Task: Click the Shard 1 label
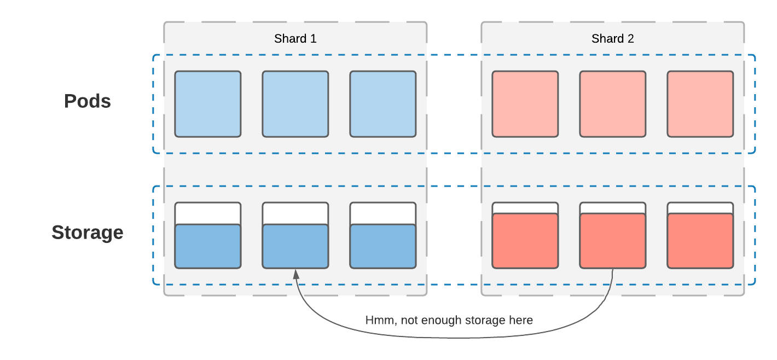pyautogui.click(x=295, y=39)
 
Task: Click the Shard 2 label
pyautogui.click(x=612, y=39)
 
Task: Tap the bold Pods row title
pyautogui.click(x=88, y=101)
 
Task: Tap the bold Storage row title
pyautogui.click(x=88, y=233)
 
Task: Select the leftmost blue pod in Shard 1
pyautogui.click(x=208, y=104)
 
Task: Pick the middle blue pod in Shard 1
pyautogui.click(x=295, y=104)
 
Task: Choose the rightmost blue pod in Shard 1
pyautogui.click(x=383, y=104)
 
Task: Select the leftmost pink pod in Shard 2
pyautogui.click(x=525, y=104)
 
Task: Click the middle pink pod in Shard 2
pyautogui.click(x=613, y=104)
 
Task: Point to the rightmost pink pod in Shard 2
pyautogui.click(x=700, y=104)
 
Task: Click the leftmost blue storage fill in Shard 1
pyautogui.click(x=208, y=246)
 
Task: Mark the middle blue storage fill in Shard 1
pyautogui.click(x=295, y=246)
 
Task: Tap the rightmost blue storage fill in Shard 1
pyautogui.click(x=383, y=246)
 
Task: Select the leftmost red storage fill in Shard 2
pyautogui.click(x=525, y=241)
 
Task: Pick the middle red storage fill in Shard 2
pyautogui.click(x=613, y=241)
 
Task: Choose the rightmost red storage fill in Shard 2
pyautogui.click(x=700, y=241)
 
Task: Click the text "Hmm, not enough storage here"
pyautogui.click(x=449, y=320)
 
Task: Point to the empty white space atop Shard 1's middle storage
pyautogui.click(x=295, y=213)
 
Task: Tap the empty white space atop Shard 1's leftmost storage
pyautogui.click(x=208, y=213)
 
